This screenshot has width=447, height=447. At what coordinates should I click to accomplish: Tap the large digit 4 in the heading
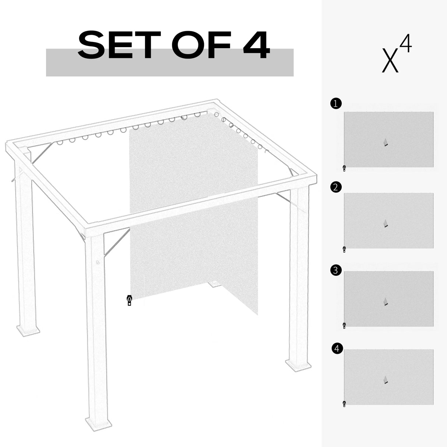(x=254, y=46)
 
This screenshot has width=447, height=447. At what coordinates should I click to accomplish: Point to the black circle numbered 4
(x=337, y=348)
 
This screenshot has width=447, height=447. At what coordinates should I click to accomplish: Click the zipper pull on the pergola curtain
(x=129, y=301)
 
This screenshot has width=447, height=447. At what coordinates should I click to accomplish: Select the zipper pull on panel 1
(x=344, y=169)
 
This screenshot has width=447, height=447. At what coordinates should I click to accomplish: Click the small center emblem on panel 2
(x=386, y=224)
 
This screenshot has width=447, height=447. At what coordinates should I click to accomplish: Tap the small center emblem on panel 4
(x=386, y=380)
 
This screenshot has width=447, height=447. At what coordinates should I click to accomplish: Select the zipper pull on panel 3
(x=344, y=325)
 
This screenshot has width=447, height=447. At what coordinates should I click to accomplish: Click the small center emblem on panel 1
(x=386, y=142)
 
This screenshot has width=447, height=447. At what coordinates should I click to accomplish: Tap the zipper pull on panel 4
(x=344, y=404)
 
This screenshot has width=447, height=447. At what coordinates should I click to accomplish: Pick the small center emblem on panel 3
(x=386, y=302)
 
